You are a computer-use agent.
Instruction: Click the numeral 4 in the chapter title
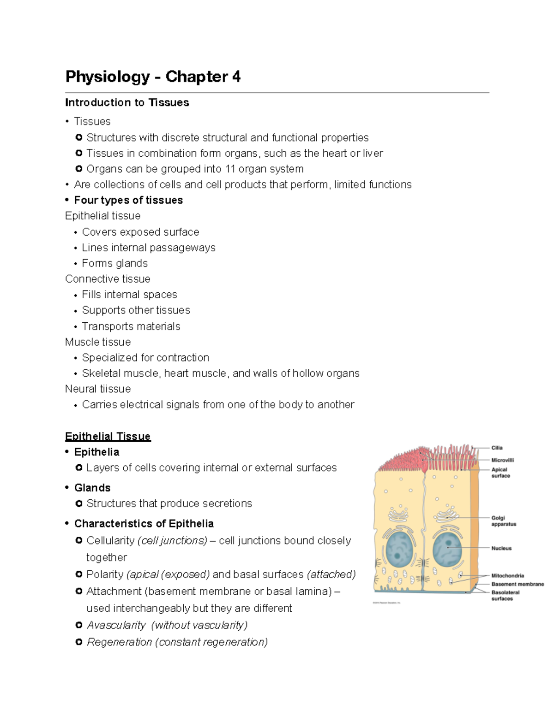coord(236,77)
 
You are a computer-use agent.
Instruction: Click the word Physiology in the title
coord(108,77)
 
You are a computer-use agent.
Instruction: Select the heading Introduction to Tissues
coord(127,102)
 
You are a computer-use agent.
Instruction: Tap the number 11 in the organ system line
coord(230,169)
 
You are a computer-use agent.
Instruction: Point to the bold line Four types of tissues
coord(128,200)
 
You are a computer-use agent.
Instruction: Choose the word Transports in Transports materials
coord(105,326)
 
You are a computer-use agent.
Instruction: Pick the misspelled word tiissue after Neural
coord(114,389)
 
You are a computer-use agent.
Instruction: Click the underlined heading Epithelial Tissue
coord(108,436)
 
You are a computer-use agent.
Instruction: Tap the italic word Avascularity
coord(116,625)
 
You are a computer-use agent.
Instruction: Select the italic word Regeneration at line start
coord(119,642)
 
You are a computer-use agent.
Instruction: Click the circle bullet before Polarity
coord(78,574)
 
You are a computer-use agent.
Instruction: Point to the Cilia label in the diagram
coord(497,448)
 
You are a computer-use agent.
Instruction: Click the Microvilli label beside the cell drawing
coord(502,460)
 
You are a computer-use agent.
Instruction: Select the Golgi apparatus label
coord(503,521)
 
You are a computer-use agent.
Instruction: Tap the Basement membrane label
coord(517,584)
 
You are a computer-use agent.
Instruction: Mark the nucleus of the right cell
coord(447,549)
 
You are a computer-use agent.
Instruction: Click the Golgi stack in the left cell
coord(398,514)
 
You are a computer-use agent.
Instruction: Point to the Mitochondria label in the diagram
coord(507,576)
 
